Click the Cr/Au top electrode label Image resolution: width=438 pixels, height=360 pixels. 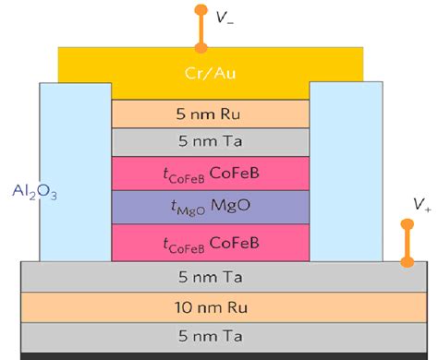[x=211, y=72]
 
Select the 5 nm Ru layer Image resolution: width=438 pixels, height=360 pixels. [x=211, y=114]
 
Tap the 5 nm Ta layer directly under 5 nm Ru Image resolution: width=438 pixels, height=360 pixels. [x=211, y=142]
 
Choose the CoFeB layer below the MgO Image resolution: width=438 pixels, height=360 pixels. [x=211, y=241]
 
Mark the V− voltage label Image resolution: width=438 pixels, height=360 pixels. [x=224, y=17]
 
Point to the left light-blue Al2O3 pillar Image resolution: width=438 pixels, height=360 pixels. [x=74, y=166]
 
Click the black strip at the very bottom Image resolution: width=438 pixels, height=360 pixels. [x=219, y=355]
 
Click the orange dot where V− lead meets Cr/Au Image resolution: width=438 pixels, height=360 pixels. [x=199, y=45]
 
